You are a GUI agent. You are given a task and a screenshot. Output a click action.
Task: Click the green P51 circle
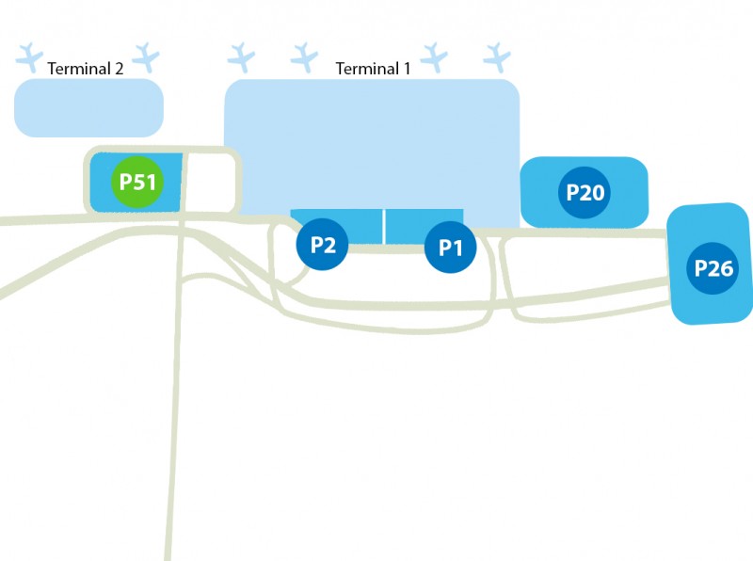point(137,183)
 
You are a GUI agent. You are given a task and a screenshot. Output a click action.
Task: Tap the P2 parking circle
point(323,245)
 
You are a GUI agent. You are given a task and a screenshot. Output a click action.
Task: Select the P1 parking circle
point(450,248)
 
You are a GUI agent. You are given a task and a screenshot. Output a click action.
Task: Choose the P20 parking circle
point(584,193)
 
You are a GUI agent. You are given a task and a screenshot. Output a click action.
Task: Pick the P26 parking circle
point(713,267)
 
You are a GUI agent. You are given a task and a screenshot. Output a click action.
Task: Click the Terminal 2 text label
point(86,68)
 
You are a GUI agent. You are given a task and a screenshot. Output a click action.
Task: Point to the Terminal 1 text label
point(374,68)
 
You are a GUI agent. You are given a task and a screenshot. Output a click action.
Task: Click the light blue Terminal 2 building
point(88,107)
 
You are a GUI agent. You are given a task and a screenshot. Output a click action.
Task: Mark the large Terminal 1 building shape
point(372,141)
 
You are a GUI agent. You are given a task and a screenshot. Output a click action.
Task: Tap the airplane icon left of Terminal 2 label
point(30,56)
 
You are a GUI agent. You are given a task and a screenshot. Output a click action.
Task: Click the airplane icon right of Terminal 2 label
point(146,56)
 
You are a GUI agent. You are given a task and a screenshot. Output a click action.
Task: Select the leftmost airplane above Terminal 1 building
point(242,57)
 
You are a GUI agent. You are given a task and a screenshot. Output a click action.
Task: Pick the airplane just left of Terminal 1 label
point(304,57)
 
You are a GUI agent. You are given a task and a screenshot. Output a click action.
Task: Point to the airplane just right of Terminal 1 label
point(434,57)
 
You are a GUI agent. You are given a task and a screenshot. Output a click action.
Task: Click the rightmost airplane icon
point(496,57)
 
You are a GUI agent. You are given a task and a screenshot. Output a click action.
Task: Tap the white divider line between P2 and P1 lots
point(385,226)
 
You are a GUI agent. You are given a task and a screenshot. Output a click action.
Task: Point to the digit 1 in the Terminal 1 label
point(407,68)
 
